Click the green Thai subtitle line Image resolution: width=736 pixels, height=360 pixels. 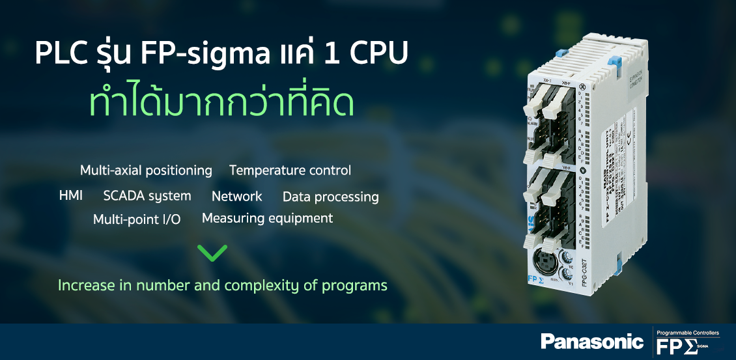(x=221, y=104)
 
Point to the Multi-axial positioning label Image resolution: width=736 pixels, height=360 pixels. (x=146, y=171)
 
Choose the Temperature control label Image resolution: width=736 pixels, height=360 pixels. (x=290, y=171)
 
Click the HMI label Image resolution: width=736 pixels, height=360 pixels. (x=70, y=195)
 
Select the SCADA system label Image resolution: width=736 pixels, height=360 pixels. (x=147, y=196)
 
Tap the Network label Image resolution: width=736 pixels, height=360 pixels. (x=236, y=196)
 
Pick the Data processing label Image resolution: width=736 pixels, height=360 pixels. (x=330, y=197)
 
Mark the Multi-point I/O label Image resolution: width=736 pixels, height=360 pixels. (x=137, y=219)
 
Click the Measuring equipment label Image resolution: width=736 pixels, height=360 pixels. (x=267, y=218)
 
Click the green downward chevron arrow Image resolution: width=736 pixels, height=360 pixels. (x=212, y=253)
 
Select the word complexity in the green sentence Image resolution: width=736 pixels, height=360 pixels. (x=272, y=285)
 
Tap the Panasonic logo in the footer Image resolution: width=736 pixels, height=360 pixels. (x=591, y=340)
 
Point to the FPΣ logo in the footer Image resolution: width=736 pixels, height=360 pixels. (x=677, y=346)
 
